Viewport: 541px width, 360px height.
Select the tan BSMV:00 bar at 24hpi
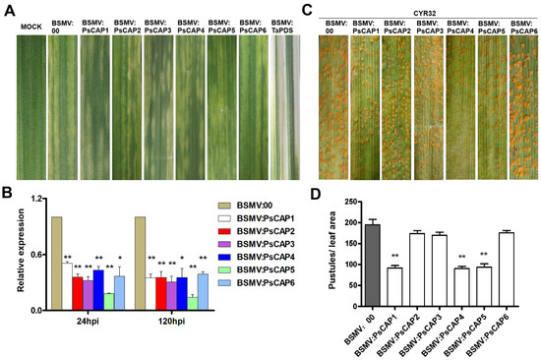[57, 264]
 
